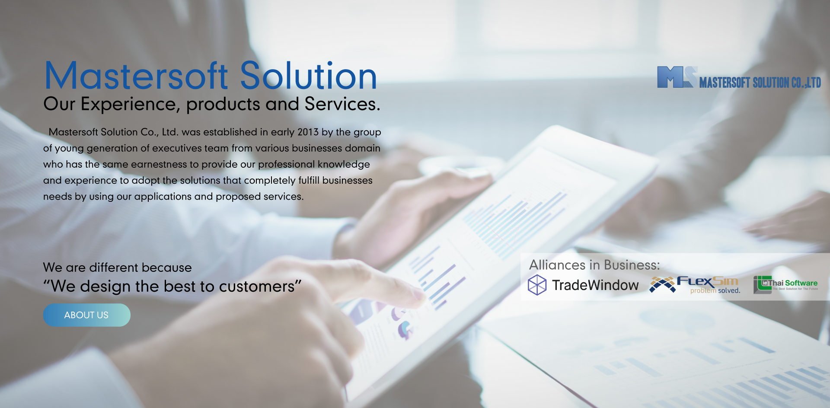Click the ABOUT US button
point(86,315)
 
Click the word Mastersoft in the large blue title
point(136,76)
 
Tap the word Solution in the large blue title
point(308,76)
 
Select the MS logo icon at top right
point(677,77)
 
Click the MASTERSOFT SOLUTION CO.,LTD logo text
point(760,83)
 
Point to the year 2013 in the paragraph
point(308,132)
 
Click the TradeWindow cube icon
point(537,285)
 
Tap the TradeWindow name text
point(595,285)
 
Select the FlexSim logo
point(695,283)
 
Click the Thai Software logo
point(786,284)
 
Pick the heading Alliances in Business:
point(594,265)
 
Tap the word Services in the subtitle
point(340,104)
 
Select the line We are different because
point(117,268)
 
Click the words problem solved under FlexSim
point(715,291)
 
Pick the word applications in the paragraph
point(163,197)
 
